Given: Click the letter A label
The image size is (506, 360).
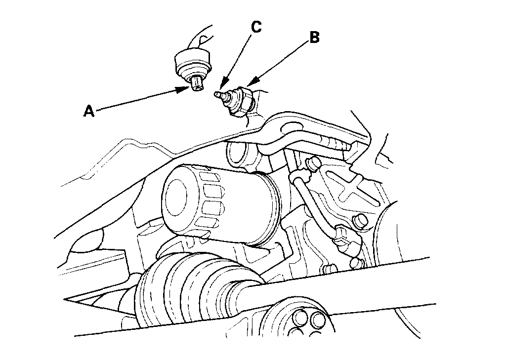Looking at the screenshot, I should coord(89,111).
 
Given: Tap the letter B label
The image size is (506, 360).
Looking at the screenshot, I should coord(314,38).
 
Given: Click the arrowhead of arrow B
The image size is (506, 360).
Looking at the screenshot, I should coord(247,85).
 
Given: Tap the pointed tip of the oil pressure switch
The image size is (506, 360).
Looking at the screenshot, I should coord(217,93).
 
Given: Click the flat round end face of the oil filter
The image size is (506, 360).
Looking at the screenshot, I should coord(179,198).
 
